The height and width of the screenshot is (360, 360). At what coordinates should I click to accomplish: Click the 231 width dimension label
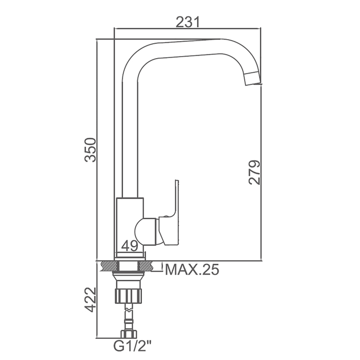(x=188, y=22)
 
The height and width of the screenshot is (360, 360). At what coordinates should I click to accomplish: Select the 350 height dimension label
(x=90, y=150)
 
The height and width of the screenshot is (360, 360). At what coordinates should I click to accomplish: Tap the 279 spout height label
(x=255, y=172)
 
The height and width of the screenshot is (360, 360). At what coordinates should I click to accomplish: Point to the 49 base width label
(x=130, y=246)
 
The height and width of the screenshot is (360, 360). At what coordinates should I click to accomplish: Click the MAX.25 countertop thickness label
(x=192, y=269)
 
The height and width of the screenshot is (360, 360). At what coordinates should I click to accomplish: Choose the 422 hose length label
(x=90, y=299)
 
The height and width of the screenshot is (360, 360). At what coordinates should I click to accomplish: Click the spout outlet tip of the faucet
(x=253, y=79)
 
